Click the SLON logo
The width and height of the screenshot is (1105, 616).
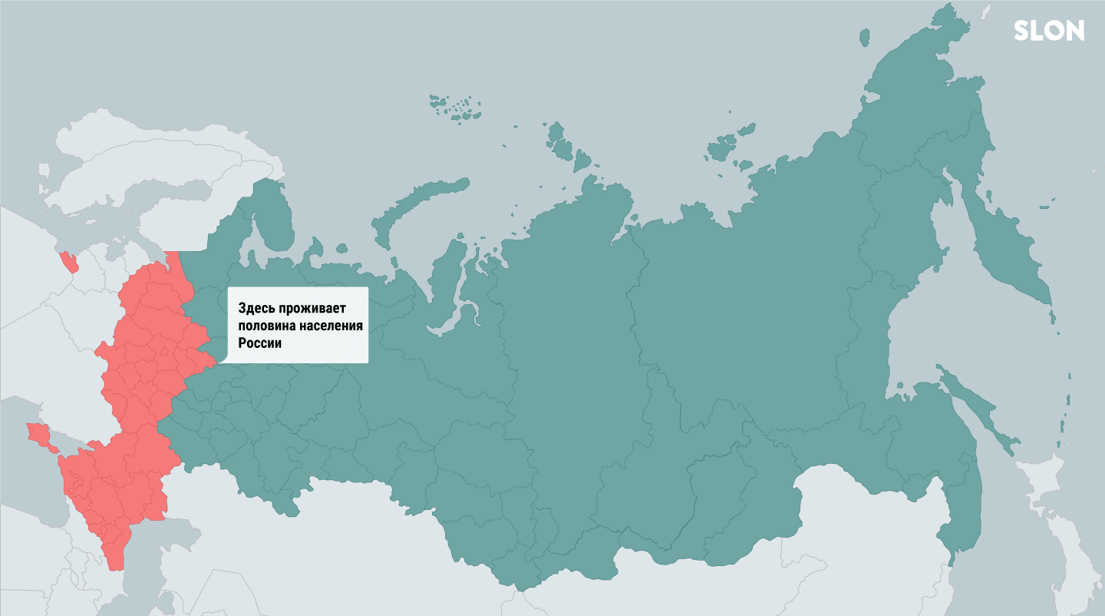coord(1048,31)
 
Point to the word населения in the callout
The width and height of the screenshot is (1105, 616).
coord(329,326)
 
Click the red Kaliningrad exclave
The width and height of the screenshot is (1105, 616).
coord(70,263)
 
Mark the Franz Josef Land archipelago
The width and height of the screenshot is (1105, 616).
coord(457,108)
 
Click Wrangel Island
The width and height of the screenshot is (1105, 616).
coord(864,37)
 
